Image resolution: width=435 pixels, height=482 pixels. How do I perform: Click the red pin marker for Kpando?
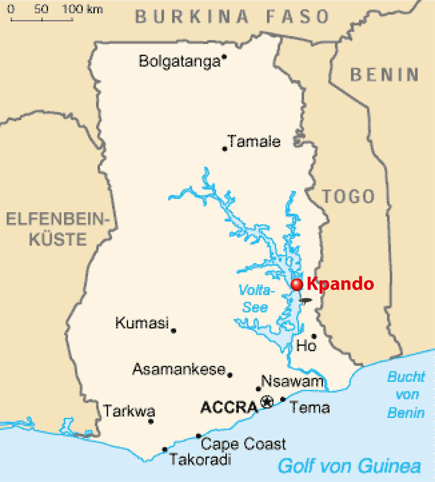tap(297, 284)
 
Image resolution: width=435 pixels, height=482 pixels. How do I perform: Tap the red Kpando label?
tap(340, 284)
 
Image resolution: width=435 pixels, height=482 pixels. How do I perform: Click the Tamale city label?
tap(254, 142)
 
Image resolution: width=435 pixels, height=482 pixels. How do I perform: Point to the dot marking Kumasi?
tap(174, 331)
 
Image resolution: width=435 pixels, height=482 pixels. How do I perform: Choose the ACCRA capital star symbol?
tap(267, 402)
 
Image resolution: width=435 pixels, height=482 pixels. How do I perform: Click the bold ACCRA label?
tap(229, 408)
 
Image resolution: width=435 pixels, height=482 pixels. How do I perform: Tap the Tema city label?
tap(310, 408)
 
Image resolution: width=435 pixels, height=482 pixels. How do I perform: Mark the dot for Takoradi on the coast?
tap(164, 449)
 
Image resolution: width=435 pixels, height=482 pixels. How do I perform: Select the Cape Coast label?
tap(243, 443)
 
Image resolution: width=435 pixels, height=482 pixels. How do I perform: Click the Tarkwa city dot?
tap(150, 422)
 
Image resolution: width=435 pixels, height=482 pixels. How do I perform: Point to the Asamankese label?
tap(179, 369)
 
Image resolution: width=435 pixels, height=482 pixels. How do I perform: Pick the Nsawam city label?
tap(292, 381)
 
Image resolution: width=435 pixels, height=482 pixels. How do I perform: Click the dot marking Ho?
tap(313, 336)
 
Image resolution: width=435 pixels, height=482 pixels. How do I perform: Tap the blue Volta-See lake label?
tap(255, 298)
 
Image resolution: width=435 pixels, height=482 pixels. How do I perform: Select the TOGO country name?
tap(348, 196)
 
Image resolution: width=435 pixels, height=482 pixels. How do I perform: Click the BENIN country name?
tap(385, 74)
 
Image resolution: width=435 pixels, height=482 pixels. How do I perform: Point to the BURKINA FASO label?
tap(232, 17)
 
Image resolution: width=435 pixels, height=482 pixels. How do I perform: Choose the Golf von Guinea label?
tap(349, 465)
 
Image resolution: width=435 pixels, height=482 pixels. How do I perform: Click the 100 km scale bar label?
tap(79, 9)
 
